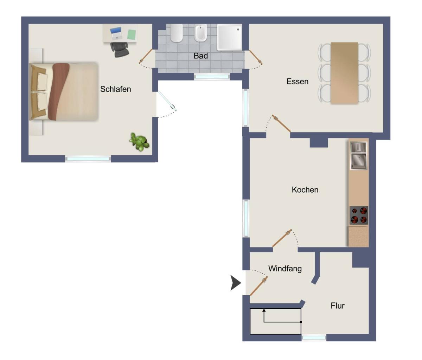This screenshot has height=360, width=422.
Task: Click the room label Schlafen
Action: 116,89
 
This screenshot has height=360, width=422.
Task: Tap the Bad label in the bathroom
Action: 201,56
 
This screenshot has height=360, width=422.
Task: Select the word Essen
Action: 297,82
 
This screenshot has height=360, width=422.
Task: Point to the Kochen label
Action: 305,189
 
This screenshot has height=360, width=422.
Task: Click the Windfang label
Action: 285,269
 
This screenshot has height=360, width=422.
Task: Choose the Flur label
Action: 338,306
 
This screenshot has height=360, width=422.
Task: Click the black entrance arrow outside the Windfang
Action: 236,283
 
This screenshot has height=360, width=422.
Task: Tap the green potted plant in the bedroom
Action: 140,142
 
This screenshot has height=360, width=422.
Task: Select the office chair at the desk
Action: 120,50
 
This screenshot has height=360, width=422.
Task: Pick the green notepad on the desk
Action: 132,34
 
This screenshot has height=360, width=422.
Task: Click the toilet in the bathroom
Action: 177,33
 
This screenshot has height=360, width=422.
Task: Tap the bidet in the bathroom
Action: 201,33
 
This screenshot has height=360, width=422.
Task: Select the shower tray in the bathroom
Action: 230,37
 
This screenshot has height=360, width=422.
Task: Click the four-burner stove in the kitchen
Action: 359,215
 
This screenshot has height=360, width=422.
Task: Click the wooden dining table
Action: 344,73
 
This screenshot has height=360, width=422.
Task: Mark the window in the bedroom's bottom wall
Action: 88,159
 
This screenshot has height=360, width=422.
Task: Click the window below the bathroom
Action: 212,77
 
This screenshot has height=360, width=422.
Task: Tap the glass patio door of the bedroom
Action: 167,101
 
